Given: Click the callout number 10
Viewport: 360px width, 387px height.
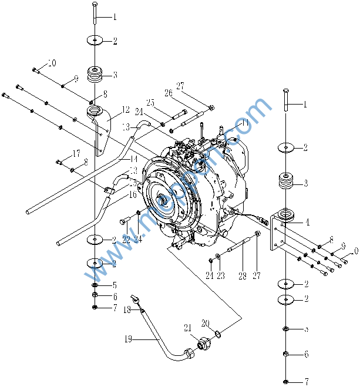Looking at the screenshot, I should pyautogui.click(x=52, y=63).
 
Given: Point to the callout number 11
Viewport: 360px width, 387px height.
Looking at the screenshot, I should pyautogui.click(x=245, y=122).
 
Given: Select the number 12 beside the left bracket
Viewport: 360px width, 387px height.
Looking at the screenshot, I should pyautogui.click(x=125, y=109).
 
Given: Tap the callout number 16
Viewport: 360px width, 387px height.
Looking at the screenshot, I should pyautogui.click(x=133, y=194).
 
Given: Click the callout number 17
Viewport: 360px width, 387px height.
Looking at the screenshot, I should pyautogui.click(x=76, y=154).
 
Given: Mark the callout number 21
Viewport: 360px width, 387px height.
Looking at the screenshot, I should pyautogui.click(x=188, y=327).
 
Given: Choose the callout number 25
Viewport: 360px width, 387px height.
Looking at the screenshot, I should pyautogui.click(x=150, y=103).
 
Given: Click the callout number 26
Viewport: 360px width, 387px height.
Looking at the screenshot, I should pyautogui.click(x=168, y=93).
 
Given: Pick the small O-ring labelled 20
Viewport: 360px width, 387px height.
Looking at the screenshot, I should pyautogui.click(x=217, y=334).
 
